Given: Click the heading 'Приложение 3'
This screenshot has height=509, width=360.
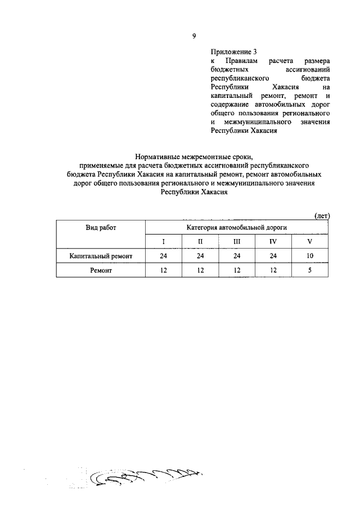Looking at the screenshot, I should [x=229, y=51].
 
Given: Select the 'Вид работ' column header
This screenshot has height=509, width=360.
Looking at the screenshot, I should [x=101, y=227].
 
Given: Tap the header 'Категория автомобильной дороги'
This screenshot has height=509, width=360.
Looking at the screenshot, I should [x=237, y=227].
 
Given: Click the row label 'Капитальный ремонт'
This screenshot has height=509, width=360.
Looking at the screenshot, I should [x=101, y=256].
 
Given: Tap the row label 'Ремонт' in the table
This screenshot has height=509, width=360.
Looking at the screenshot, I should [x=101, y=271].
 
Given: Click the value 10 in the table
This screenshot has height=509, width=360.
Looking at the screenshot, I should [x=309, y=256].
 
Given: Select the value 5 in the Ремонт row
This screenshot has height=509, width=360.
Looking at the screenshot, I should [x=309, y=271].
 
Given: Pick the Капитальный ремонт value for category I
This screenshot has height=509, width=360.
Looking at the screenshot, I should [x=164, y=256].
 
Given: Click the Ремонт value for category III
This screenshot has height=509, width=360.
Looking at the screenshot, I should [x=237, y=271].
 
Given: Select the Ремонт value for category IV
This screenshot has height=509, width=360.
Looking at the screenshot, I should [x=273, y=271].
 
